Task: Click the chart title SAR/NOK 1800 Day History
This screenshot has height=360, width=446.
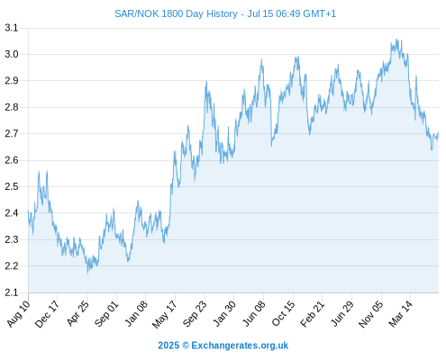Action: click(176, 13)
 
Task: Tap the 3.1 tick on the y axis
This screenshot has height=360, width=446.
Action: click(11, 28)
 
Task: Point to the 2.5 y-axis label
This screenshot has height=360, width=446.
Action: click(11, 186)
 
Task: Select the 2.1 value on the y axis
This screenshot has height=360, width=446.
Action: click(11, 292)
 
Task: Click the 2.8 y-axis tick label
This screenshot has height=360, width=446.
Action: click(11, 107)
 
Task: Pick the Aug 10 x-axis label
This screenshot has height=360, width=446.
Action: click(19, 313)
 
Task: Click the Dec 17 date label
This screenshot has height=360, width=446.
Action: click(47, 313)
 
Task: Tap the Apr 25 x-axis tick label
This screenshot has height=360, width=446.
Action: click(77, 313)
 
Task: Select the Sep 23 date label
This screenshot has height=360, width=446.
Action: click(195, 313)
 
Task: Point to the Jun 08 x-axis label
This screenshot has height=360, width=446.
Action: click(254, 313)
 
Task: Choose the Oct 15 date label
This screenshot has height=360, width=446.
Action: click(284, 313)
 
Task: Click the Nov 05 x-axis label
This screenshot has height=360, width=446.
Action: click(371, 314)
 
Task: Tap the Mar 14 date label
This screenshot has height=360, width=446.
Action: click(400, 313)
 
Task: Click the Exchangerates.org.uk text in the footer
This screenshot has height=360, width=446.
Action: click(240, 346)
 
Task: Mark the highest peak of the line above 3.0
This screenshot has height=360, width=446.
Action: click(396, 40)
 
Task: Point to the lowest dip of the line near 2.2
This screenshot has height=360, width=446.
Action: click(87, 274)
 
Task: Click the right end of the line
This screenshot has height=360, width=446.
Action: click(438, 132)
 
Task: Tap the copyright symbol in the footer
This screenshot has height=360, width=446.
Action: click(186, 346)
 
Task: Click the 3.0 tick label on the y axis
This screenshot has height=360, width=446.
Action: click(11, 54)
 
